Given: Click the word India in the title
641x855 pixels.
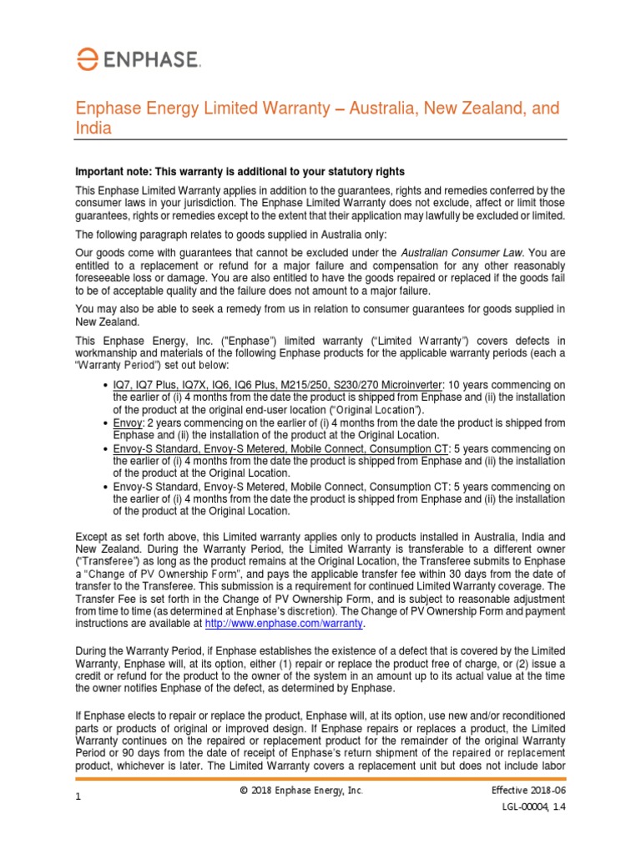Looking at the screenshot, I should point(93,129).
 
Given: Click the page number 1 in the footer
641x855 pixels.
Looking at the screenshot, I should point(78,798).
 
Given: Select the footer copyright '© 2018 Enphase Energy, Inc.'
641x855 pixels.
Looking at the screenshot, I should point(300,791).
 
